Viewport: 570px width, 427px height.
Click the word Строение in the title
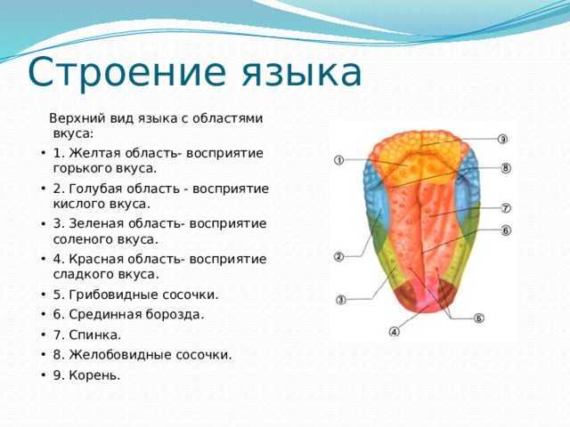coord(126,72)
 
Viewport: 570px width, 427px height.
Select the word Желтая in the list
coord(94,153)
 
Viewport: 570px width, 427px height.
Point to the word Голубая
coord(96,189)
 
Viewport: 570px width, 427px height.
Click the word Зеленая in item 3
coord(96,223)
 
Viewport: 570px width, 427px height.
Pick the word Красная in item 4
coord(96,259)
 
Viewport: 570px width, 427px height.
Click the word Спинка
coord(94,334)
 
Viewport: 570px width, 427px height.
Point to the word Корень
coord(94,375)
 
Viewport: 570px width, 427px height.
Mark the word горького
coord(82,169)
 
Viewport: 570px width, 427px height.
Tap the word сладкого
coord(82,274)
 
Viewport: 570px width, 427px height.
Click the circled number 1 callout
coord(338,160)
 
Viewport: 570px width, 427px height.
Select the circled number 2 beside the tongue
coord(338,257)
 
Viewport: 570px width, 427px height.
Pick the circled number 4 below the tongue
coord(394,331)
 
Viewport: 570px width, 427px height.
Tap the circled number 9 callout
coord(502,139)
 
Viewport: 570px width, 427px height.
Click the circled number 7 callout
coord(506,208)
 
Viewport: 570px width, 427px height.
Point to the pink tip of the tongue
coord(425,299)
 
